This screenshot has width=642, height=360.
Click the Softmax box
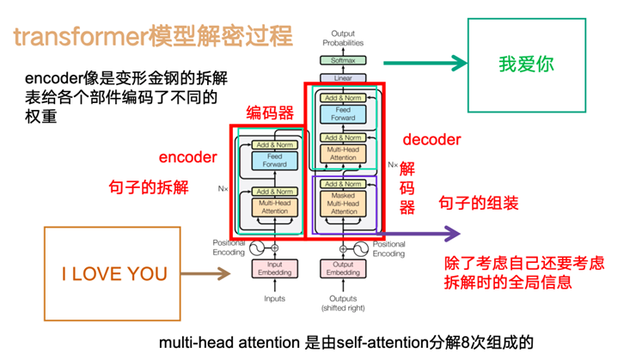point(343,61)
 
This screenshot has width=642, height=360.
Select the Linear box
point(343,78)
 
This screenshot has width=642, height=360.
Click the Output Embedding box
point(343,270)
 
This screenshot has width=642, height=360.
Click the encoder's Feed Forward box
point(274,161)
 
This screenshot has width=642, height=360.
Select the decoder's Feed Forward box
point(343,113)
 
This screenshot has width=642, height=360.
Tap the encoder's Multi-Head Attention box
point(274,206)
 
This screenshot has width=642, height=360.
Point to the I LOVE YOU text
point(114,275)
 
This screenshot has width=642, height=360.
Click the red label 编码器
point(270,113)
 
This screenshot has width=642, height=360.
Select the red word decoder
point(431,139)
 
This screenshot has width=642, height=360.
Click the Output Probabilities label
point(343,38)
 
